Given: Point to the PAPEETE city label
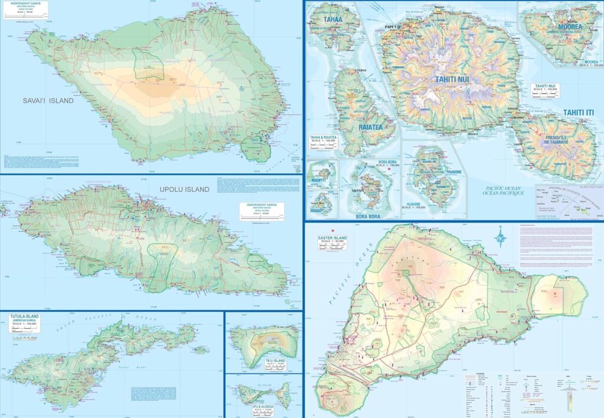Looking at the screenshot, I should (393, 27).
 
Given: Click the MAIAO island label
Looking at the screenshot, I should (318, 211).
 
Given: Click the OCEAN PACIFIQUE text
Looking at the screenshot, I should (503, 193).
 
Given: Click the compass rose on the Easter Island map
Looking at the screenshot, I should (501, 238).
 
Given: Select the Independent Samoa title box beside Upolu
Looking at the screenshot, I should (261, 211).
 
